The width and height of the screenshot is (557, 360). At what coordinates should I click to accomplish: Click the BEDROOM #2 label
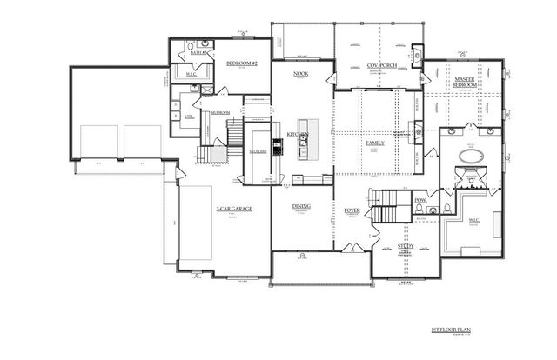click(239, 63)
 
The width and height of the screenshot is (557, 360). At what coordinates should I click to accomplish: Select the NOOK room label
click(301, 74)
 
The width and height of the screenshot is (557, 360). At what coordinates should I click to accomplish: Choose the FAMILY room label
click(376, 142)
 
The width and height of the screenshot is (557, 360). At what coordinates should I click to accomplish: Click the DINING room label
click(301, 206)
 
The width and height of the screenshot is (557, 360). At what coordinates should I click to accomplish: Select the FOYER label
click(352, 210)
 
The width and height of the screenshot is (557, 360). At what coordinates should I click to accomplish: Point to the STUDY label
click(406, 247)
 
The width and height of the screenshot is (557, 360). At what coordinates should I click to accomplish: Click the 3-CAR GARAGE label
click(229, 209)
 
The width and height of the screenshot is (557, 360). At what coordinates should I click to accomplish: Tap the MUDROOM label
click(220, 112)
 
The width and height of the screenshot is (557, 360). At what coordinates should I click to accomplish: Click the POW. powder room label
click(420, 201)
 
